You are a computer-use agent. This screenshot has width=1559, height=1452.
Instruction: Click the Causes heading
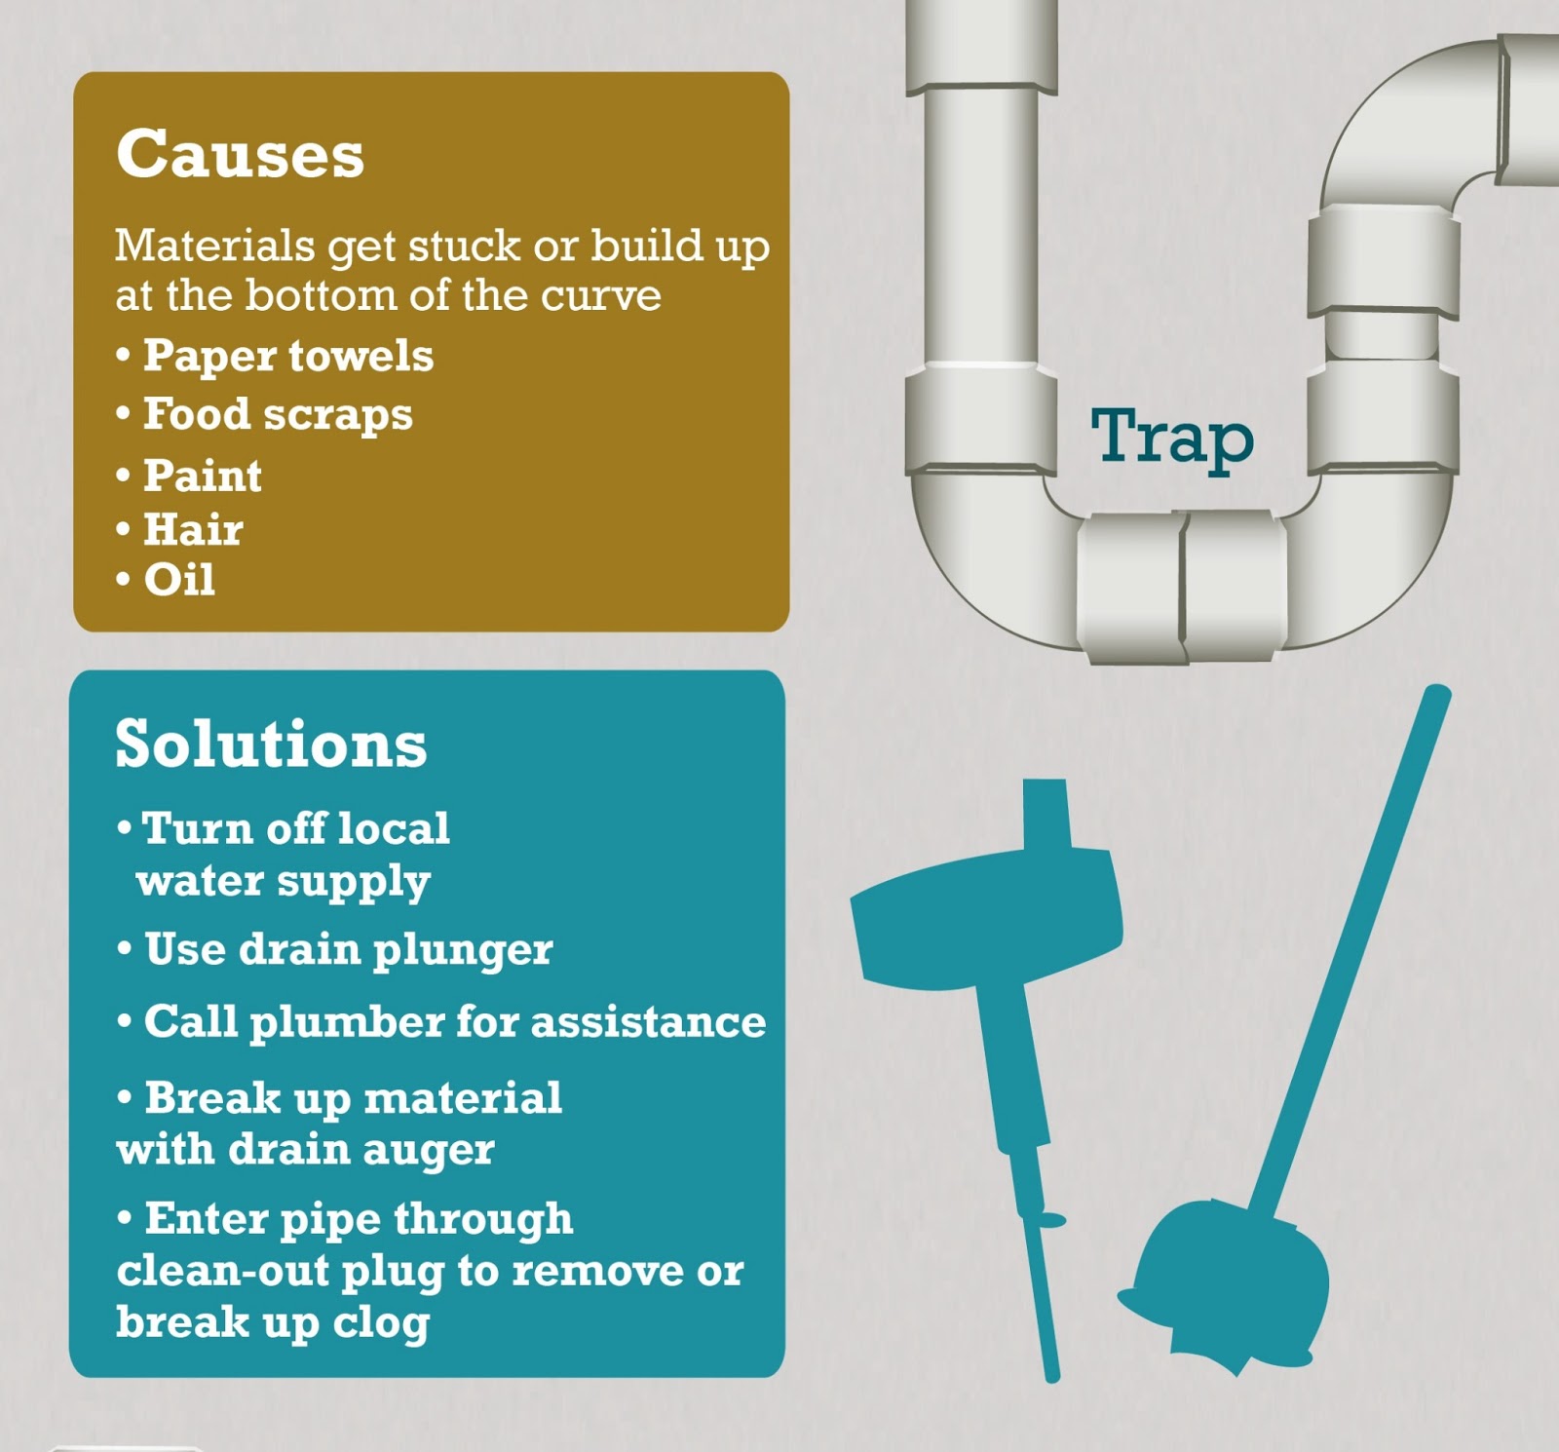tap(240, 154)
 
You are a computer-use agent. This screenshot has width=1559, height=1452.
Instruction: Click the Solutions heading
tap(271, 744)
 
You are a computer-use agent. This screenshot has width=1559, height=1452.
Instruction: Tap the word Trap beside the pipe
tap(1171, 438)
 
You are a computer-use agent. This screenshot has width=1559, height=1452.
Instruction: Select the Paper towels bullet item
tap(287, 356)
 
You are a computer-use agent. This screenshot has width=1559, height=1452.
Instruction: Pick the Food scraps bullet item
tap(278, 414)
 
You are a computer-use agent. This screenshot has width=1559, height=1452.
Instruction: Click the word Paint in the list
tap(203, 476)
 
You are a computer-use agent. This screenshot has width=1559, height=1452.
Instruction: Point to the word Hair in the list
tap(193, 529)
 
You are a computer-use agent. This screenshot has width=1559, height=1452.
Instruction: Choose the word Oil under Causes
tap(179, 580)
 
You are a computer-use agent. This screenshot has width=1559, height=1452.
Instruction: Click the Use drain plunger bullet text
tap(348, 949)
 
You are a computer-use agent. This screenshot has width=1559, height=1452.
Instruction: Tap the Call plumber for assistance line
tap(454, 1022)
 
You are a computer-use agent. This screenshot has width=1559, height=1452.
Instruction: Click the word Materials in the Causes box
tap(214, 245)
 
